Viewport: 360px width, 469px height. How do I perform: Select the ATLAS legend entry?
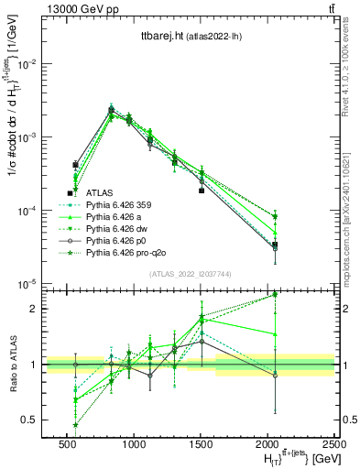click(99, 193)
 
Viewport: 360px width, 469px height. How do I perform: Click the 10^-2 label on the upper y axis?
click(27, 64)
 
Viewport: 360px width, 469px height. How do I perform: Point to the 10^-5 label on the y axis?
click(27, 284)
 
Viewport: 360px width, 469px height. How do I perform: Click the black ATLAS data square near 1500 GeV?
click(202, 191)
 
